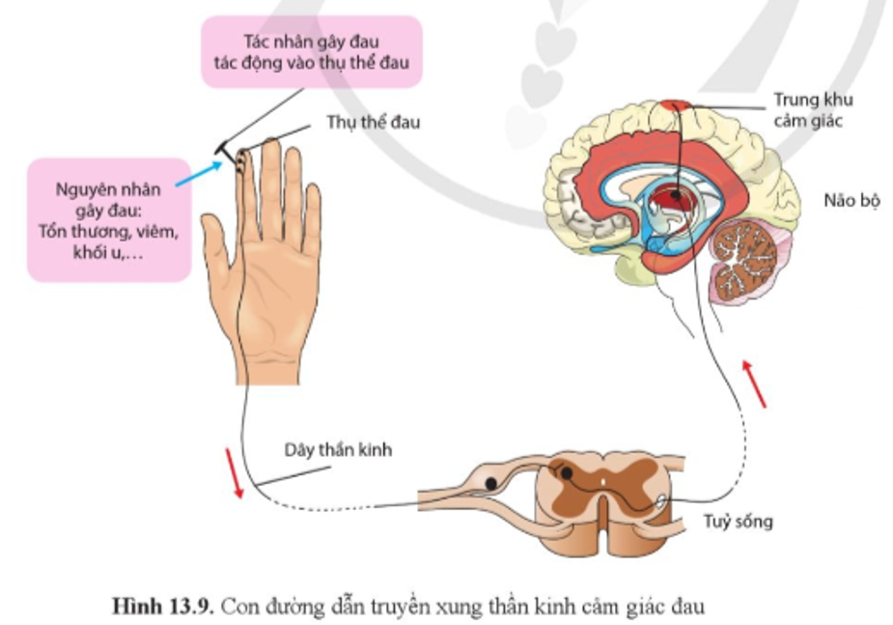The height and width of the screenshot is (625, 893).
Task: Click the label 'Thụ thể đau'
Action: click(373, 122)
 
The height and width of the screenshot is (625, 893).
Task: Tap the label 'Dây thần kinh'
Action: click(338, 450)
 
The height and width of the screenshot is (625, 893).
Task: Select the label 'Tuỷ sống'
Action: click(739, 522)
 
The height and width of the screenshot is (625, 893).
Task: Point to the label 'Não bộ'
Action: click(852, 201)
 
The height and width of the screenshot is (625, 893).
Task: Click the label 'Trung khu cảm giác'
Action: click(813, 110)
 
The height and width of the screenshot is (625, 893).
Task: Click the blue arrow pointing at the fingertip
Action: click(198, 173)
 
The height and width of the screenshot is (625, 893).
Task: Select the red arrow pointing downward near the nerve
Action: click(234, 473)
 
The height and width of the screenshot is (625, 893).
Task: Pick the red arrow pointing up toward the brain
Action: click(754, 384)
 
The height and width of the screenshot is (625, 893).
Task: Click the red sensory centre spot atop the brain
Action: click(676, 106)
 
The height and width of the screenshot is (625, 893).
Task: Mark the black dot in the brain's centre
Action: click(676, 195)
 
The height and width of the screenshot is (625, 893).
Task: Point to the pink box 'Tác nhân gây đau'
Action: click(312, 52)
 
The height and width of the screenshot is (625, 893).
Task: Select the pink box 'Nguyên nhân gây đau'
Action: click(109, 220)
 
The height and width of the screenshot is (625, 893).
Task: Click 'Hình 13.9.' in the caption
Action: click(163, 607)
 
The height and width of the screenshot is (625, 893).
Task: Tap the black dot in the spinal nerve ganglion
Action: click(491, 484)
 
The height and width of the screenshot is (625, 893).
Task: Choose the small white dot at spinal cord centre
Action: click(603, 482)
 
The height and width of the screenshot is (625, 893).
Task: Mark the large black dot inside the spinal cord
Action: click(566, 473)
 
